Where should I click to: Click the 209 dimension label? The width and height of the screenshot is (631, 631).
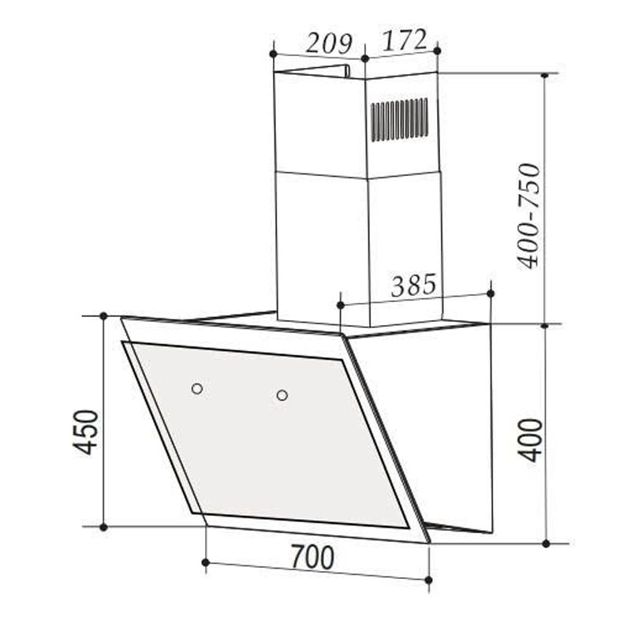[328, 43]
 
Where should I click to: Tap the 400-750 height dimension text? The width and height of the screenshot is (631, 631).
[530, 215]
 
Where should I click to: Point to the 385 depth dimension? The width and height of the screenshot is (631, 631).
[413, 285]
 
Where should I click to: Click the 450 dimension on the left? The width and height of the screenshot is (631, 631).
[86, 431]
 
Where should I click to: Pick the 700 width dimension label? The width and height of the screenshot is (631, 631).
[312, 558]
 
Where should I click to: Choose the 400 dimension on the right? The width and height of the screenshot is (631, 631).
[531, 439]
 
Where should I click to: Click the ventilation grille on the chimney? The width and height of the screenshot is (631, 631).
[399, 119]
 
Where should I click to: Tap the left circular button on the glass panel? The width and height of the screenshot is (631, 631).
[196, 388]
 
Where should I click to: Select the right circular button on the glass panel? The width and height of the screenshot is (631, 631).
[282, 394]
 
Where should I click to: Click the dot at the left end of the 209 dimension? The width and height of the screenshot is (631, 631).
[273, 54]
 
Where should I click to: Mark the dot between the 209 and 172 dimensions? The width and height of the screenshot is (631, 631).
[364, 58]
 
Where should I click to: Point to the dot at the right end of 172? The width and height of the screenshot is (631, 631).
[438, 49]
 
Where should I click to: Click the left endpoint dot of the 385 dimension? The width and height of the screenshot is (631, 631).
[341, 304]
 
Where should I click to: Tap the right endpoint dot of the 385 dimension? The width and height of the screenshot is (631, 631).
[490, 293]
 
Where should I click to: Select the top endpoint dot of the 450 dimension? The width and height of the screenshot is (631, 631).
[103, 316]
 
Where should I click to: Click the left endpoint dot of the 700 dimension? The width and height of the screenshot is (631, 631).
[205, 562]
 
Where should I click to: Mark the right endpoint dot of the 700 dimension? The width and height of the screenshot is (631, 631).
[428, 580]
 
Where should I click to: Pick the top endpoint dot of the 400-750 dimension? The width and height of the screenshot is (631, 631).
[544, 75]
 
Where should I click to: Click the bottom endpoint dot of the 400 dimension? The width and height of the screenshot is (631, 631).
[545, 543]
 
